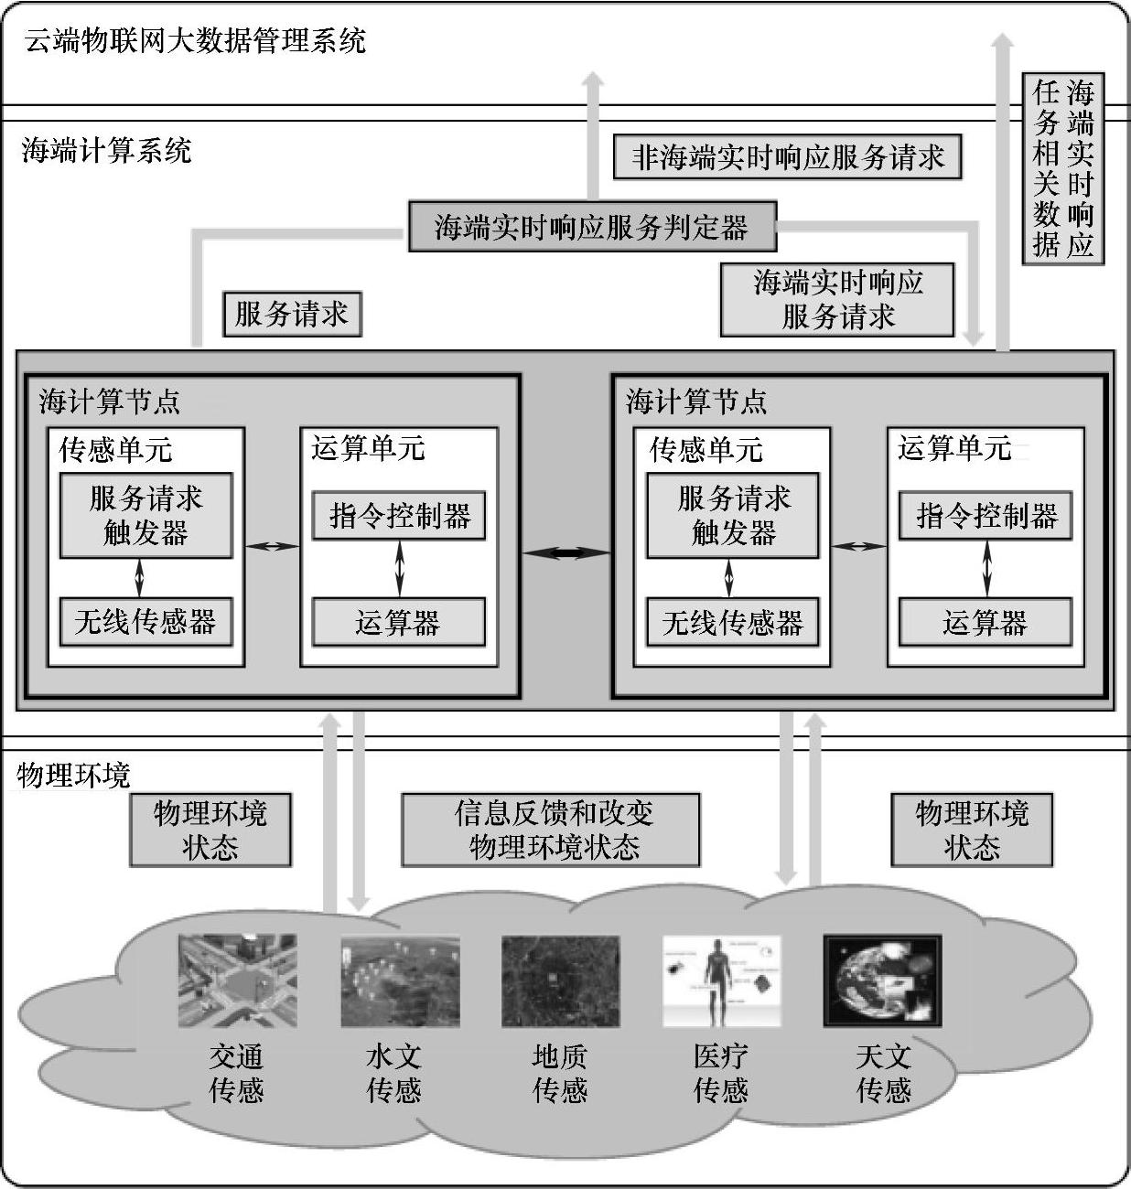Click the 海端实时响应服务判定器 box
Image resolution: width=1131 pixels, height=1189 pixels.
[x=591, y=227]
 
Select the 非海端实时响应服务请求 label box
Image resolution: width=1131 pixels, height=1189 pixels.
[x=787, y=157]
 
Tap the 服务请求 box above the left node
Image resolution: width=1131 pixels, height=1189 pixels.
[x=292, y=314]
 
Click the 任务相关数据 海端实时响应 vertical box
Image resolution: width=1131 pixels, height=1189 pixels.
[x=1062, y=168]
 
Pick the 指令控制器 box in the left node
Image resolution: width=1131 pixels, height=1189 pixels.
[x=399, y=516]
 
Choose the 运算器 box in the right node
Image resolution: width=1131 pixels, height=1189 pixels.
[x=985, y=623]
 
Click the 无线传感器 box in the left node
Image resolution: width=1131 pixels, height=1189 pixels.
[x=145, y=622]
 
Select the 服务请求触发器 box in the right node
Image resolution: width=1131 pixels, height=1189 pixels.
[x=733, y=515]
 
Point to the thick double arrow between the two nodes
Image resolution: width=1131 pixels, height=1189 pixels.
[x=565, y=552]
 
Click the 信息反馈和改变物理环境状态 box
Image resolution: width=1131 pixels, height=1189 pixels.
[x=551, y=830]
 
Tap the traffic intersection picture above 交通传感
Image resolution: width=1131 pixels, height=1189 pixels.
[x=238, y=980]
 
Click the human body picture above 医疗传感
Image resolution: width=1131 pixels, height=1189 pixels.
[x=721, y=980]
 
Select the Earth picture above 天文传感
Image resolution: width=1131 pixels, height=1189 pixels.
[x=882, y=980]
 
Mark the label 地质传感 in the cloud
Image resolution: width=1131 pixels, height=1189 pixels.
[x=559, y=1073]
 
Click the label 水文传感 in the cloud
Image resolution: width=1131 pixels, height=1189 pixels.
[x=393, y=1073]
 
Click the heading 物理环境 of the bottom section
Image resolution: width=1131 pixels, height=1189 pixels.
[x=74, y=776]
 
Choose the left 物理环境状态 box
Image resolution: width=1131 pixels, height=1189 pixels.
[x=210, y=830]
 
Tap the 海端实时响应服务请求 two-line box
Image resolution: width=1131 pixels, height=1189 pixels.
[x=837, y=299]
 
